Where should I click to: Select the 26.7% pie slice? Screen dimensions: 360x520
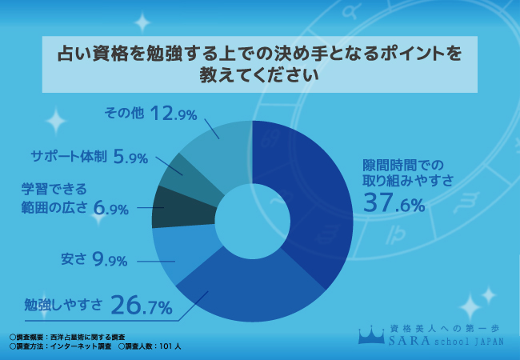coord(240,284)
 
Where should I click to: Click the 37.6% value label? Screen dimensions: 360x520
coord(393,206)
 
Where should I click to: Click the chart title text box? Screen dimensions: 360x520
coord(260,64)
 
